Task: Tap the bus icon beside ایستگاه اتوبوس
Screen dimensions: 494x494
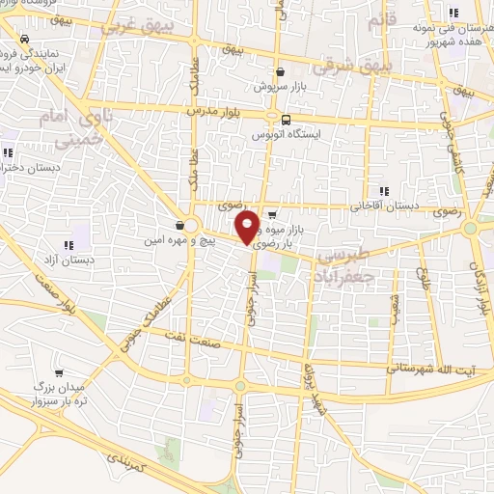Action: [x=285, y=120]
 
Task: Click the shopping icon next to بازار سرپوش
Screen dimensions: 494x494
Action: [x=280, y=70]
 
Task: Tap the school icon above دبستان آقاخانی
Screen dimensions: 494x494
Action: [x=385, y=191]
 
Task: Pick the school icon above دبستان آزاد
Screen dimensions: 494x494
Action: [x=68, y=245]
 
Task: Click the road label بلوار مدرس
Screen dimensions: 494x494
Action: [x=223, y=113]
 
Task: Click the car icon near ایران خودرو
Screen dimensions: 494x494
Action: [x=22, y=39]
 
